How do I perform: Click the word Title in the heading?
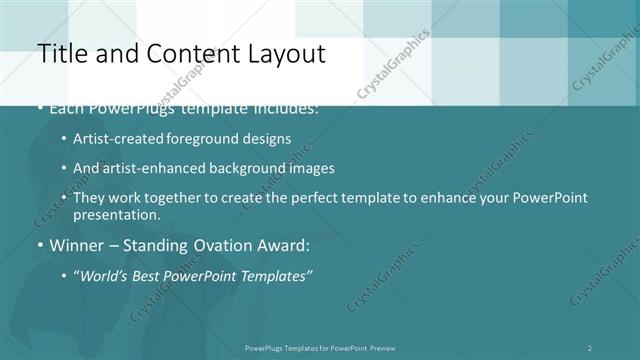(61, 54)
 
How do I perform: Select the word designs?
(268, 138)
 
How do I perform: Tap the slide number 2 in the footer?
(589, 348)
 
